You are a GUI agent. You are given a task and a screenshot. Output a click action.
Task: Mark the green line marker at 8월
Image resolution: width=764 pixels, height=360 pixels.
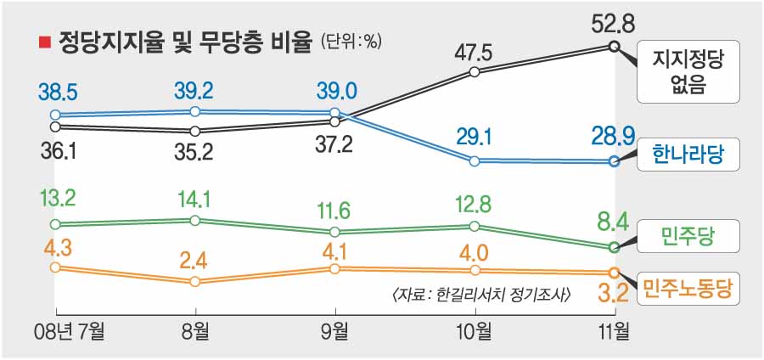(195, 221)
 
